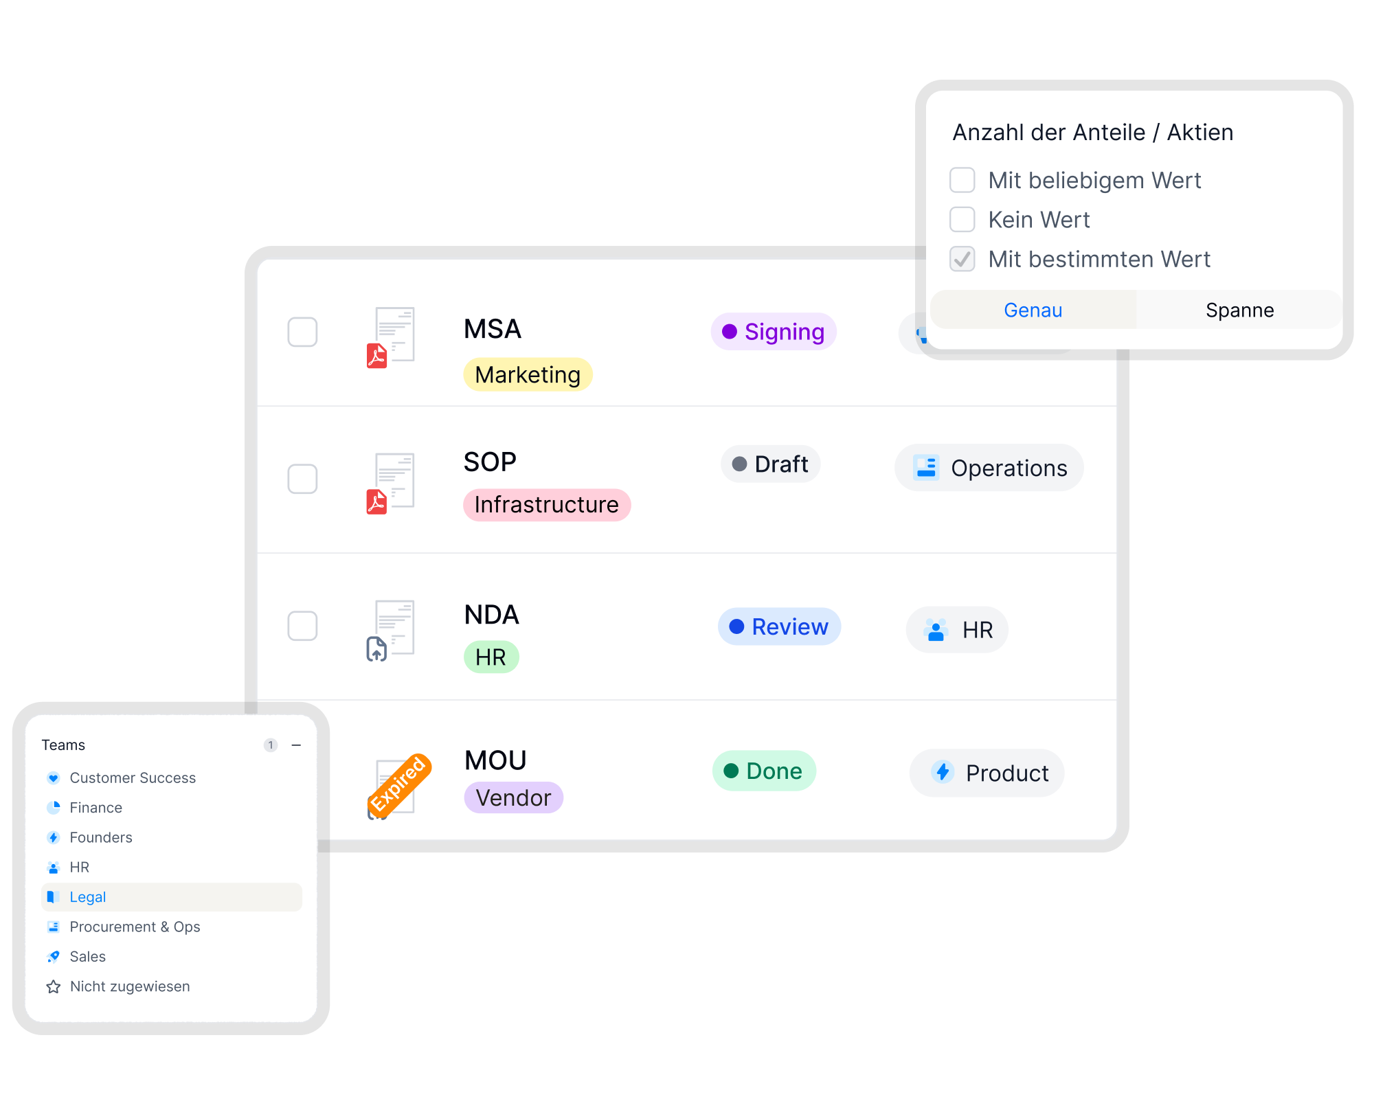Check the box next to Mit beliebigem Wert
[962, 180]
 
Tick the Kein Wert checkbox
[962, 220]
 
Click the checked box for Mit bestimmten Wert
[962, 259]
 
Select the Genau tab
[1033, 310]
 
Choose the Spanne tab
[1239, 310]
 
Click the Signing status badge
[774, 332]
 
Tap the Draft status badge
[770, 464]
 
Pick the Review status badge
[779, 626]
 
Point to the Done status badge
[764, 771]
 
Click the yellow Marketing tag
[528, 374]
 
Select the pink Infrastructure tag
[547, 505]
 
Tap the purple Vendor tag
[514, 797]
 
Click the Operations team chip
[989, 468]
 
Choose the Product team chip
[987, 773]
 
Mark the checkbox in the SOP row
[302, 479]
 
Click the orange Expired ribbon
[400, 784]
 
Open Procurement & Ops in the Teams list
[135, 927]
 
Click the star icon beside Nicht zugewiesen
[54, 987]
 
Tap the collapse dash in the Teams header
[296, 745]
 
